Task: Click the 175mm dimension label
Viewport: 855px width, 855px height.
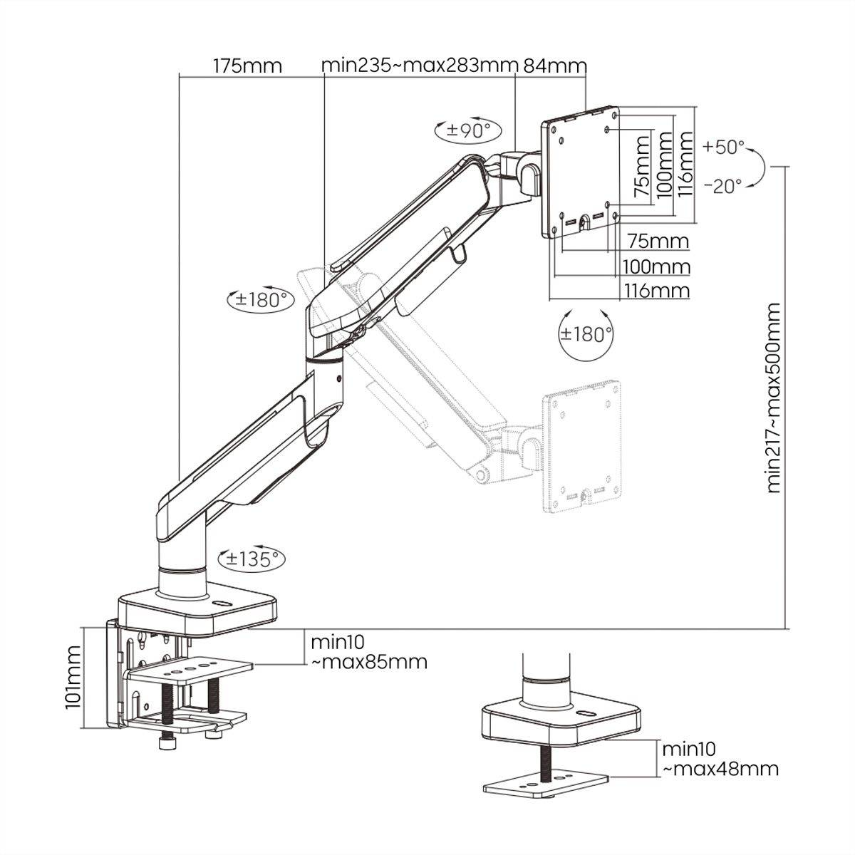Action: pos(247,66)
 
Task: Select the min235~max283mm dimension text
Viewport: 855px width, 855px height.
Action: pos(419,66)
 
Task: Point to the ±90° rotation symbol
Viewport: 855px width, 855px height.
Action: pos(468,130)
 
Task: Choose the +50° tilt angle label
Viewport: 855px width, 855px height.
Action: pos(722,147)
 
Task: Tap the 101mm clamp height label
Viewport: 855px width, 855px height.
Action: pos(72,677)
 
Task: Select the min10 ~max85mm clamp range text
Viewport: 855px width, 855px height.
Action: pos(368,651)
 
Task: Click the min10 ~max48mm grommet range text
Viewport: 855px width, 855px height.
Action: pos(720,759)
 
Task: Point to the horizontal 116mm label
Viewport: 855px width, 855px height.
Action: pos(656,291)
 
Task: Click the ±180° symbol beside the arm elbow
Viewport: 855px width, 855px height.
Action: pos(259,299)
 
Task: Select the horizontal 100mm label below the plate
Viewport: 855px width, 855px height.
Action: pos(656,266)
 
